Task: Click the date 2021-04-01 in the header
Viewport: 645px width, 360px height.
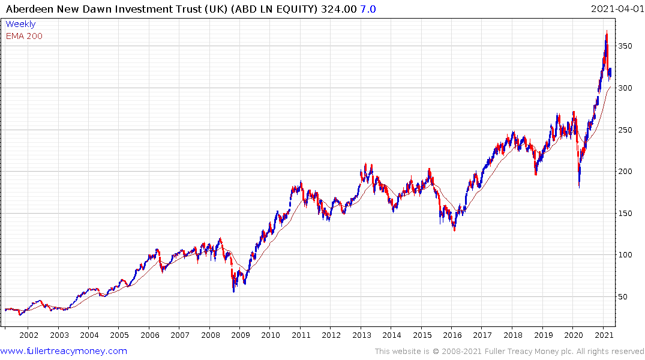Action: click(x=616, y=9)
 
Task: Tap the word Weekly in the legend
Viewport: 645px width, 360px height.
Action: click(x=20, y=24)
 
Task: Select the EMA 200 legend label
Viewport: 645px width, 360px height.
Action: click(x=24, y=36)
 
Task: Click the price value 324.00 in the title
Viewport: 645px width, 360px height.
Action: click(x=339, y=9)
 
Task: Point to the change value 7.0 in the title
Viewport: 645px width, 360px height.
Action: click(x=368, y=9)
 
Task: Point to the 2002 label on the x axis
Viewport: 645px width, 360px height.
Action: click(x=29, y=335)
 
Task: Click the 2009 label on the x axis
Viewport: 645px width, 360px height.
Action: click(x=240, y=335)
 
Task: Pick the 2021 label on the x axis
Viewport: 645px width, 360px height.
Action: click(x=603, y=335)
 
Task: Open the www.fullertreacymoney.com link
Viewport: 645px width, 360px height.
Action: click(x=64, y=351)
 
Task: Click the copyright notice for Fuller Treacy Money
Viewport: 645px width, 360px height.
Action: click(x=509, y=351)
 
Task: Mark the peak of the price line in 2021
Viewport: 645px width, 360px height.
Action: click(x=607, y=31)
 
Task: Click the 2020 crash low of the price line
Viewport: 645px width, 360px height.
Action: click(x=579, y=187)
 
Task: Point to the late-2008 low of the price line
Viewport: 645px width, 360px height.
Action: click(x=233, y=292)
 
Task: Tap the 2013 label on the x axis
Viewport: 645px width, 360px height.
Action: click(x=361, y=335)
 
